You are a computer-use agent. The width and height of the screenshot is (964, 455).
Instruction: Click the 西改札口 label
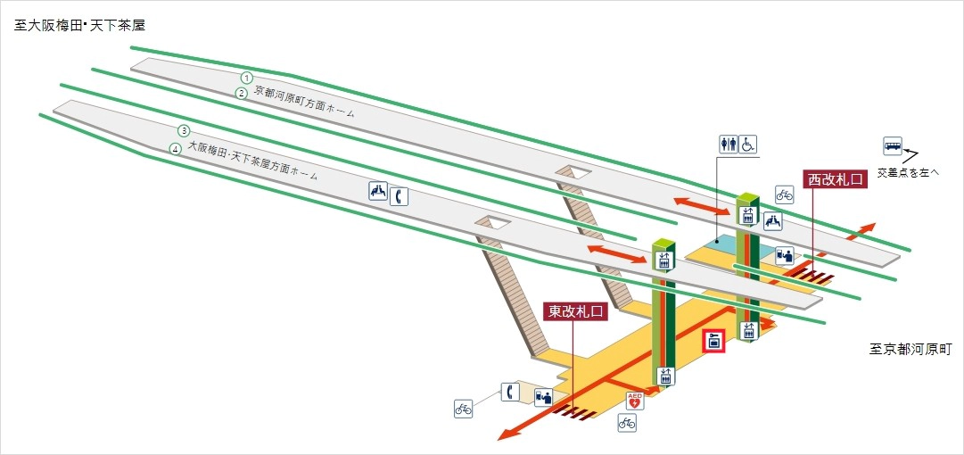coord(835,179)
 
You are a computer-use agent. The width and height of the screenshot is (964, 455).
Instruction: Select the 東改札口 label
coord(574,311)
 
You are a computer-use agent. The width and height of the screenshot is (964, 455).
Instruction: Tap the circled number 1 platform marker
coord(247,78)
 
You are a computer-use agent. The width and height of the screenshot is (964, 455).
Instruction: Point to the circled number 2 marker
coord(241,93)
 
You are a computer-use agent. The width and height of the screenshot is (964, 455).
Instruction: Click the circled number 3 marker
coord(184,131)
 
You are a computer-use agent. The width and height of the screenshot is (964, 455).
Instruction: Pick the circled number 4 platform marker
coord(177,148)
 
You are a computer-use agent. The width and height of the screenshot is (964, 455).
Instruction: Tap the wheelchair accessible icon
coord(747,143)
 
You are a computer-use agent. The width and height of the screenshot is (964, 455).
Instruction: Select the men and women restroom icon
coord(728,143)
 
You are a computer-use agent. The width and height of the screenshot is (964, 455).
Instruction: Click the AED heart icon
coord(635,401)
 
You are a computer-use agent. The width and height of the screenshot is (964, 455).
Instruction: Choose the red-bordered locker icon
coord(713,342)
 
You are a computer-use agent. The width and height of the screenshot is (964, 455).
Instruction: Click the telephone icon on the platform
coord(399,193)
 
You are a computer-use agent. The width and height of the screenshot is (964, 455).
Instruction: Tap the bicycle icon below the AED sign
coord(627,423)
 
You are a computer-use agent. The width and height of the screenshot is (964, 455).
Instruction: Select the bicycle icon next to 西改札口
coord(784,194)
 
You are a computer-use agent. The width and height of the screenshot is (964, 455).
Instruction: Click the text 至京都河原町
coord(910,349)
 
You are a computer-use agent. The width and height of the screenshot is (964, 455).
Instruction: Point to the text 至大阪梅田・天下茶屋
coord(79,26)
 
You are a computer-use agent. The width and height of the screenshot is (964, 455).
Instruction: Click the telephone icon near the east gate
coord(509,392)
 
